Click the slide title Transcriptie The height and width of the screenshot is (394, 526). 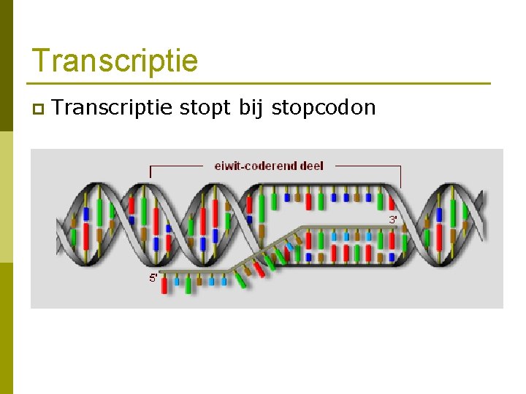115,61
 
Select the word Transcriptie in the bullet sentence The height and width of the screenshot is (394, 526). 113,108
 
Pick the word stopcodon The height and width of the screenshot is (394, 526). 323,108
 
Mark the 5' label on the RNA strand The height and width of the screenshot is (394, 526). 153,277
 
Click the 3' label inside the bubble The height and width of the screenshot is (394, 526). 393,218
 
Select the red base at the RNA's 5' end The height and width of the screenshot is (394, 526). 164,285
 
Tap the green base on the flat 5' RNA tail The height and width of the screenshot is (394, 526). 188,285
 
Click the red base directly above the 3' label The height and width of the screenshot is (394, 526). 392,202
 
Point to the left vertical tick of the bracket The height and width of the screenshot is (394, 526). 150,172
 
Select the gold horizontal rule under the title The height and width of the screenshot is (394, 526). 259,83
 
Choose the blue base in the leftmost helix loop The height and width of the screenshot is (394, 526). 86,213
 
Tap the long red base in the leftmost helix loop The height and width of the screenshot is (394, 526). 86,236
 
